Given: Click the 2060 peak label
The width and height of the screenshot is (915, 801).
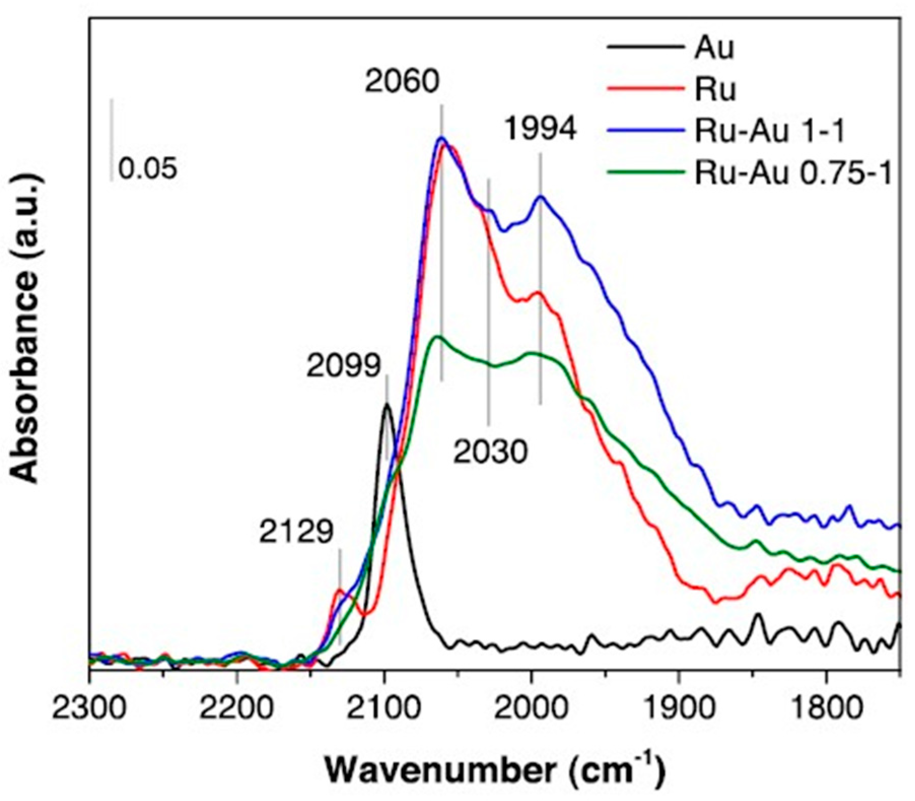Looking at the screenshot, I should (402, 81).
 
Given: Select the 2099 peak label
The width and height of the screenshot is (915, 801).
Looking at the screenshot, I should (343, 365).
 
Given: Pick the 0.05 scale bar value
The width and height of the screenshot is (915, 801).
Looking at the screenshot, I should (148, 168).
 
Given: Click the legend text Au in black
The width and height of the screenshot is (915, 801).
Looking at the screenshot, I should (714, 49).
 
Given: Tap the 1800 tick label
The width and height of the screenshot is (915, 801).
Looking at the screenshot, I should (826, 707).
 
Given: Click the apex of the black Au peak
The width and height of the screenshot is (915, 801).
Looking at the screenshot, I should (387, 404).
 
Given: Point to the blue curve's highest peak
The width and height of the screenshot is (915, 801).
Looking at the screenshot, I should (441, 137).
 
